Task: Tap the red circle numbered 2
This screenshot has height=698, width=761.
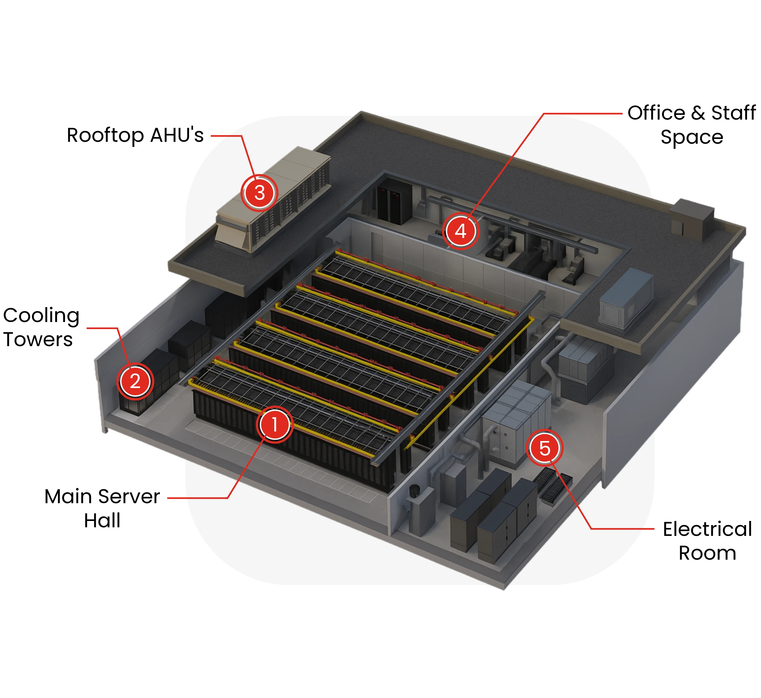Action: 135,381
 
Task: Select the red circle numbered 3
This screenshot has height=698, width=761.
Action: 260,193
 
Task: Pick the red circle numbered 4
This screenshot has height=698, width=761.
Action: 460,231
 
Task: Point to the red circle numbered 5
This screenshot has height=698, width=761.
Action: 545,448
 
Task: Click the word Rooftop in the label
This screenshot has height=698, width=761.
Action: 105,135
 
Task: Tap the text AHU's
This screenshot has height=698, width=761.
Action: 177,135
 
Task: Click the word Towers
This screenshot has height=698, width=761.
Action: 38,339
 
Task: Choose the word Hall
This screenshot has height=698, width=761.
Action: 102,520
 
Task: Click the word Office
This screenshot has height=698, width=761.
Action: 656,113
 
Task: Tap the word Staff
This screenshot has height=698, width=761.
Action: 734,113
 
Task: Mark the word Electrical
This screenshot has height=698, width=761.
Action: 708,529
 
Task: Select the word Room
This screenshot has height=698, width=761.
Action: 707,553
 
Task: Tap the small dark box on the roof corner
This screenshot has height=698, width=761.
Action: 692,219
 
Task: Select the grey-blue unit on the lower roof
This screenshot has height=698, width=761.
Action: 627,298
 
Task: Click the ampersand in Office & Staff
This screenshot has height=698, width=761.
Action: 698,113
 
